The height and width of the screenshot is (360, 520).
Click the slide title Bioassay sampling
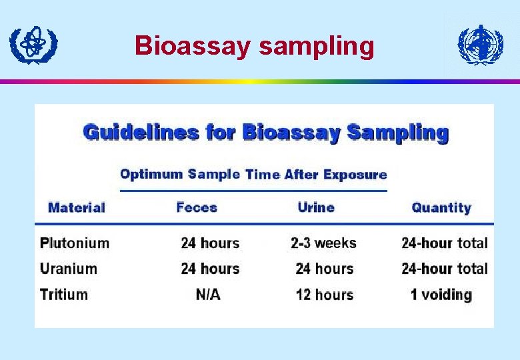tap(254, 46)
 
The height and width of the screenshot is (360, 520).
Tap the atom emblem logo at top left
tap(33, 44)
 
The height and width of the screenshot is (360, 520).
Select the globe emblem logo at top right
tap(481, 45)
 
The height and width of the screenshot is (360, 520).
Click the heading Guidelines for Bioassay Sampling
tap(265, 132)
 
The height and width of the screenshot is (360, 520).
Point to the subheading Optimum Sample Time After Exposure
tap(253, 175)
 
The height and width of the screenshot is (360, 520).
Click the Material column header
tap(77, 207)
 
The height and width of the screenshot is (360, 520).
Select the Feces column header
tap(197, 207)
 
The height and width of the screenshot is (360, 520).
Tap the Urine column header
tap(316, 207)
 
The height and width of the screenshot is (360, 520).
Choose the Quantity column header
tap(441, 207)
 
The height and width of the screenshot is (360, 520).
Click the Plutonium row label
tap(75, 243)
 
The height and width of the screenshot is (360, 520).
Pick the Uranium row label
tap(69, 269)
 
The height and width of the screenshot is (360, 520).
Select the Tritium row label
tap(64, 294)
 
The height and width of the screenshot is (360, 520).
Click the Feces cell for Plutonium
tap(210, 243)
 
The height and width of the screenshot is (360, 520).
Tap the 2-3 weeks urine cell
tap(323, 243)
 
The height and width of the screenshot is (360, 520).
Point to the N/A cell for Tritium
tap(208, 294)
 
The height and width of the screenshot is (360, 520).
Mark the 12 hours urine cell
tap(324, 294)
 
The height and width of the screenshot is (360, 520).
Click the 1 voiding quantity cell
tap(441, 294)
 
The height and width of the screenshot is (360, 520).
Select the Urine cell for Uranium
tap(324, 269)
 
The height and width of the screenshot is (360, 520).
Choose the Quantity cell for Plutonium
tap(445, 243)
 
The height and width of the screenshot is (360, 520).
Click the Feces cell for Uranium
tap(210, 269)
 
